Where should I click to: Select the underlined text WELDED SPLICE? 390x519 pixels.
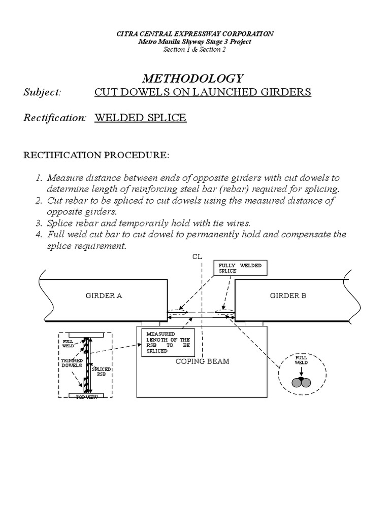pyautogui.click(x=140, y=118)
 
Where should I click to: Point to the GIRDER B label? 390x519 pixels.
pyautogui.click(x=288, y=296)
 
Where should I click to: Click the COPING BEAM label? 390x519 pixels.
pyautogui.click(x=203, y=361)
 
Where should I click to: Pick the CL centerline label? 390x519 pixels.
pyautogui.click(x=198, y=257)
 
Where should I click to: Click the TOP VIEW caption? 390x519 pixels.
pyautogui.click(x=87, y=397)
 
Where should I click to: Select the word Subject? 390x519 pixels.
pyautogui.click(x=43, y=92)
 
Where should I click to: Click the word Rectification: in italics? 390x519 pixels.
pyautogui.click(x=55, y=118)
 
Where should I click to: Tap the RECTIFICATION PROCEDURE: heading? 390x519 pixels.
pyautogui.click(x=96, y=155)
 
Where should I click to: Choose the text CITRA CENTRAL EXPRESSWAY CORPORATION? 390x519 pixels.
pyautogui.click(x=195, y=33)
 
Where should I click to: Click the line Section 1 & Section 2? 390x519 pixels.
pyautogui.click(x=194, y=49)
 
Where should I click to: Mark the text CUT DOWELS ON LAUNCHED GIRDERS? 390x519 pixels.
pyautogui.click(x=203, y=92)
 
